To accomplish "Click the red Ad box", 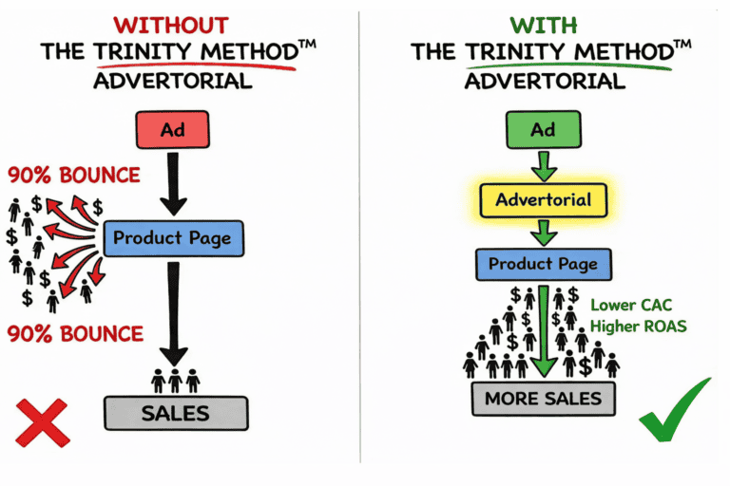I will click(x=173, y=129).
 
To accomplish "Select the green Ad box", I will click(x=543, y=129).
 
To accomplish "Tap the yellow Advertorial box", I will click(x=543, y=201).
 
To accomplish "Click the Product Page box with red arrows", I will click(x=172, y=237).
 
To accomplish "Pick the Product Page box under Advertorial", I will click(x=543, y=263).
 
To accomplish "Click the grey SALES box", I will click(x=175, y=414).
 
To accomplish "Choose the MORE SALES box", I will click(x=543, y=399).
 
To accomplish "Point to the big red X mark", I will click(x=42, y=422).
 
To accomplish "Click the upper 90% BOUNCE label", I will click(x=74, y=176).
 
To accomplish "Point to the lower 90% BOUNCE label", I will click(x=74, y=334).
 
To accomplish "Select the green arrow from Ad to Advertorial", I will click(x=543, y=164).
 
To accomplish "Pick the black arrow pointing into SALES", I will click(x=174, y=313).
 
